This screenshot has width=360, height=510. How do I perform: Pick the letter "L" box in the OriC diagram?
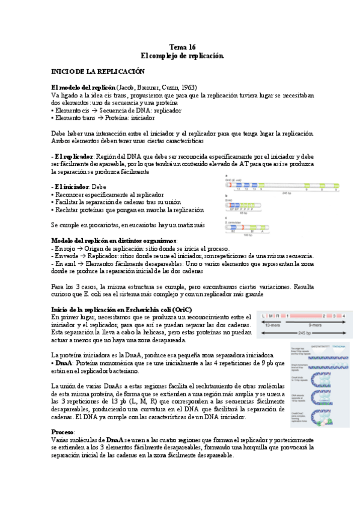click(x=263, y=315)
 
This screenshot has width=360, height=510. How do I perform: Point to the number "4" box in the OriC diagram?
click(x=344, y=315)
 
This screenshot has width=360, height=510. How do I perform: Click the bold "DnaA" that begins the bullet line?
click(x=64, y=364)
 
